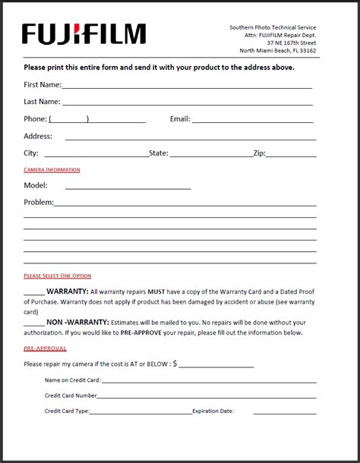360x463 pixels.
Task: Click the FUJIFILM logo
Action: pos(84,34)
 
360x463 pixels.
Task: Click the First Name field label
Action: pos(43,84)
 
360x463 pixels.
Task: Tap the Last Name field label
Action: pos(42,101)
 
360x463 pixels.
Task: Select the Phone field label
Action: pos(36,118)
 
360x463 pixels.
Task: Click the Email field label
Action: pos(180,118)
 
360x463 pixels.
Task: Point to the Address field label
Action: pos(38,136)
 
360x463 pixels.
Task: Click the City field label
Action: pos(31,153)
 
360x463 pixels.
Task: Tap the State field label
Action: pos(159,153)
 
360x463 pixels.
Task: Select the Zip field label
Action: pos(259,153)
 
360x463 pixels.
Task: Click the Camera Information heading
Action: pos(52,169)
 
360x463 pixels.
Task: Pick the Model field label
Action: pos(36,184)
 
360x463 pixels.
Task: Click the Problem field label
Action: pos(39,202)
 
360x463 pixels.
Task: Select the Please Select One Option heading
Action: pos(57,276)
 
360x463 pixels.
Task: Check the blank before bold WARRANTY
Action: pos(34,291)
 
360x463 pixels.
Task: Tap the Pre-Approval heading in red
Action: pos(45,348)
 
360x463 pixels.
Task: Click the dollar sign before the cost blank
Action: pos(175,364)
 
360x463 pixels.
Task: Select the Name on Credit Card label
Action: pos(72,380)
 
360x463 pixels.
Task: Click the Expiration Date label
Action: pos(213,411)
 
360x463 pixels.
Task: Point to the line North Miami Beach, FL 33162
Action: pos(278,51)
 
